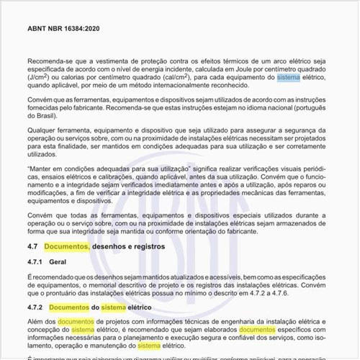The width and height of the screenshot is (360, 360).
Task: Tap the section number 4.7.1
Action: [x=37, y=263]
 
